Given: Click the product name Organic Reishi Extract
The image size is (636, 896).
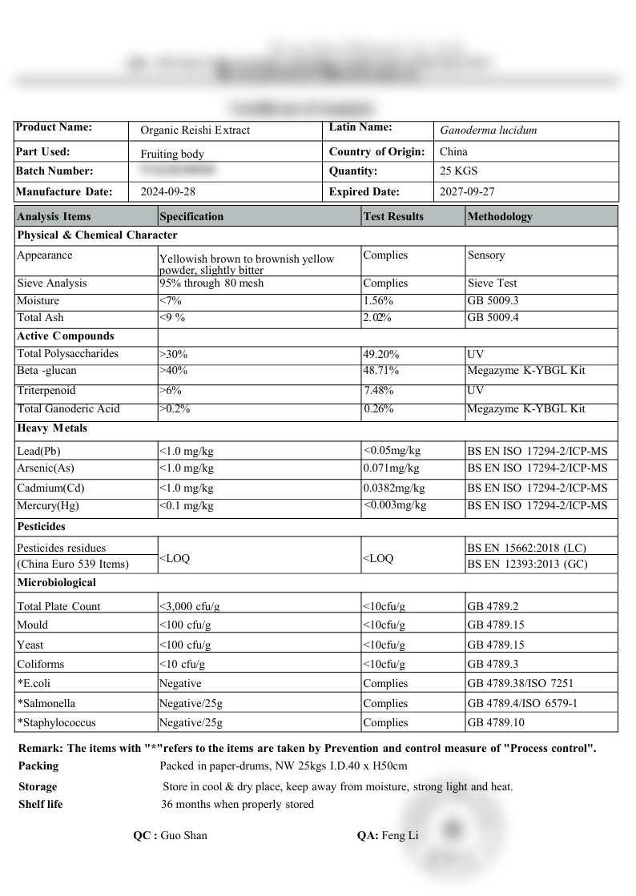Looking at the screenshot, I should (195, 130).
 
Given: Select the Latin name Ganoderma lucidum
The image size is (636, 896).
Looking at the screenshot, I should (489, 130).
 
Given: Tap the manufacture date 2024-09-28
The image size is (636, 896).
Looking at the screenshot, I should (168, 191).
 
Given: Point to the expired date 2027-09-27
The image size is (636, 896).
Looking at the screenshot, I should (468, 191).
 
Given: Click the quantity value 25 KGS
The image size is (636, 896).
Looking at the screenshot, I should (459, 171).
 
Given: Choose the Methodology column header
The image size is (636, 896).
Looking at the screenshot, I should (500, 216).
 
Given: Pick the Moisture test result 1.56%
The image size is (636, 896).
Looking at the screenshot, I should (378, 300).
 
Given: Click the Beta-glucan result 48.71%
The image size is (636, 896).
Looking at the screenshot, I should (381, 371).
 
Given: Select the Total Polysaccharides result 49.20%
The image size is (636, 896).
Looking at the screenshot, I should (381, 353).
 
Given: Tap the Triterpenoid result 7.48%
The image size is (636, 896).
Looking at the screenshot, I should (380, 390).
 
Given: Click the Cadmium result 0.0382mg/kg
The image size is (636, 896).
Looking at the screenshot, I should (394, 488).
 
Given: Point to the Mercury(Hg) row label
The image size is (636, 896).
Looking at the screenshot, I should (48, 506).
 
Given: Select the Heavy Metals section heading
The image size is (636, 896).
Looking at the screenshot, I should (52, 428).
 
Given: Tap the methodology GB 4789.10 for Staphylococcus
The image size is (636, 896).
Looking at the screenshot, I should (496, 722).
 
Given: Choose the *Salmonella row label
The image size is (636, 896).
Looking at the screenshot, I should (46, 703).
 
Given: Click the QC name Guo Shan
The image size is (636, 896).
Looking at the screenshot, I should (183, 835).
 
